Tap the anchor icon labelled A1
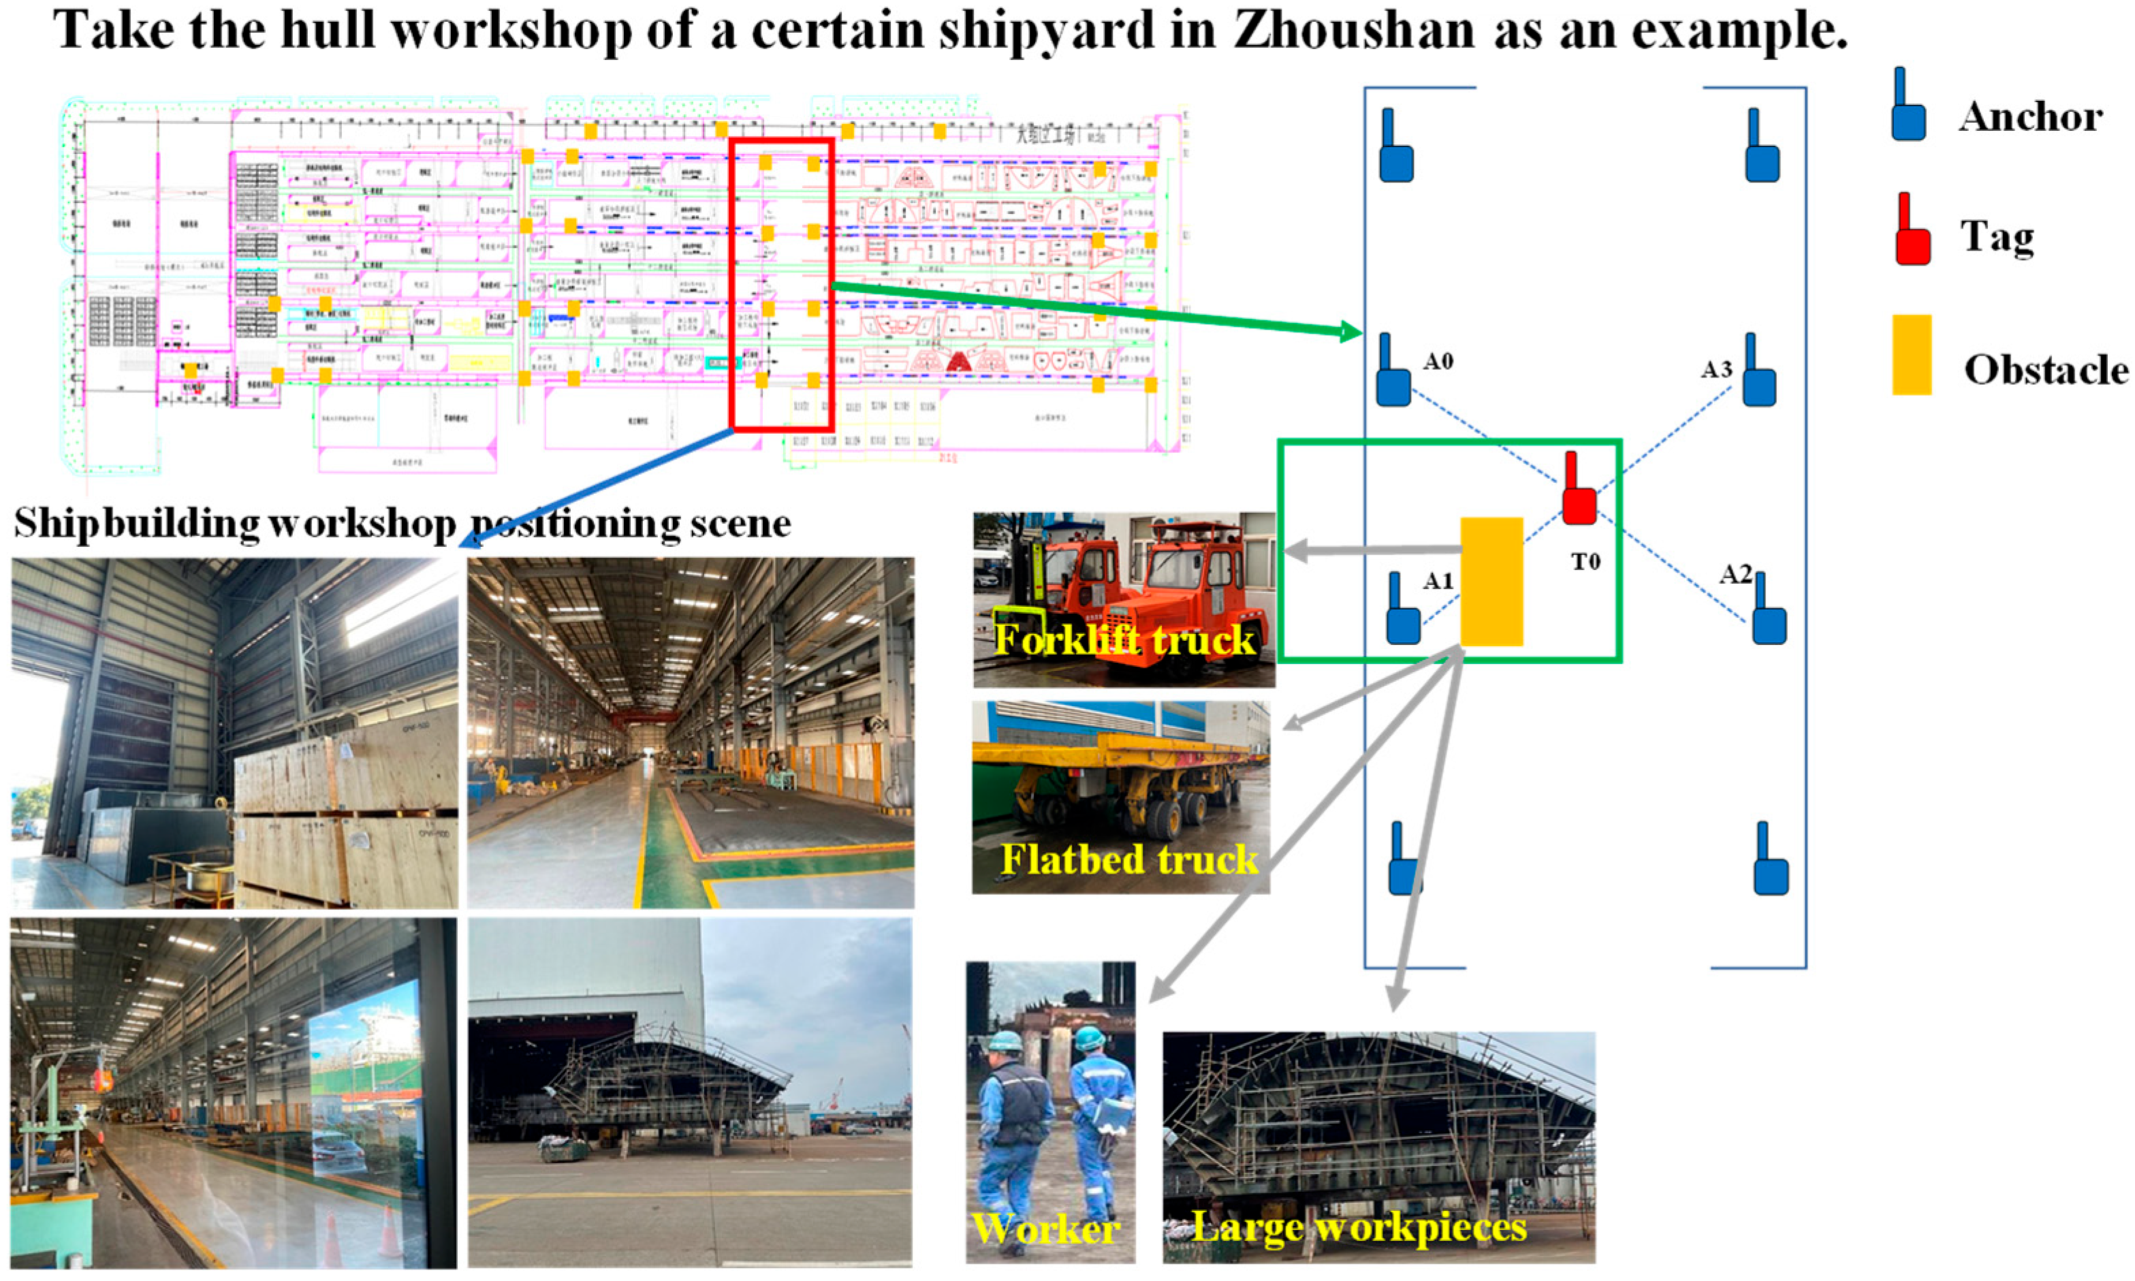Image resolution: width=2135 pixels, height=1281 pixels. pos(1403,614)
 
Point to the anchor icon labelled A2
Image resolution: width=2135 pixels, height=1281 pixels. pos(1768,614)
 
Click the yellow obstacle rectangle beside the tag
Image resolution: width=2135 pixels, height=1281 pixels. pos(1491,581)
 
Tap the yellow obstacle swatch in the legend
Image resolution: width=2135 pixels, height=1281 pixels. pos(1912,355)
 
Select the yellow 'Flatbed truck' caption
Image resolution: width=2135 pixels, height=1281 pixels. pos(1128,859)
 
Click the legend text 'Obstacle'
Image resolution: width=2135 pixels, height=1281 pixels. pos(2045,370)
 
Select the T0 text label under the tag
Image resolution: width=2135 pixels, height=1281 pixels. pos(1585,562)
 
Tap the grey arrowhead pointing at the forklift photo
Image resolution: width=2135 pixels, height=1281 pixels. pos(1295,550)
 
